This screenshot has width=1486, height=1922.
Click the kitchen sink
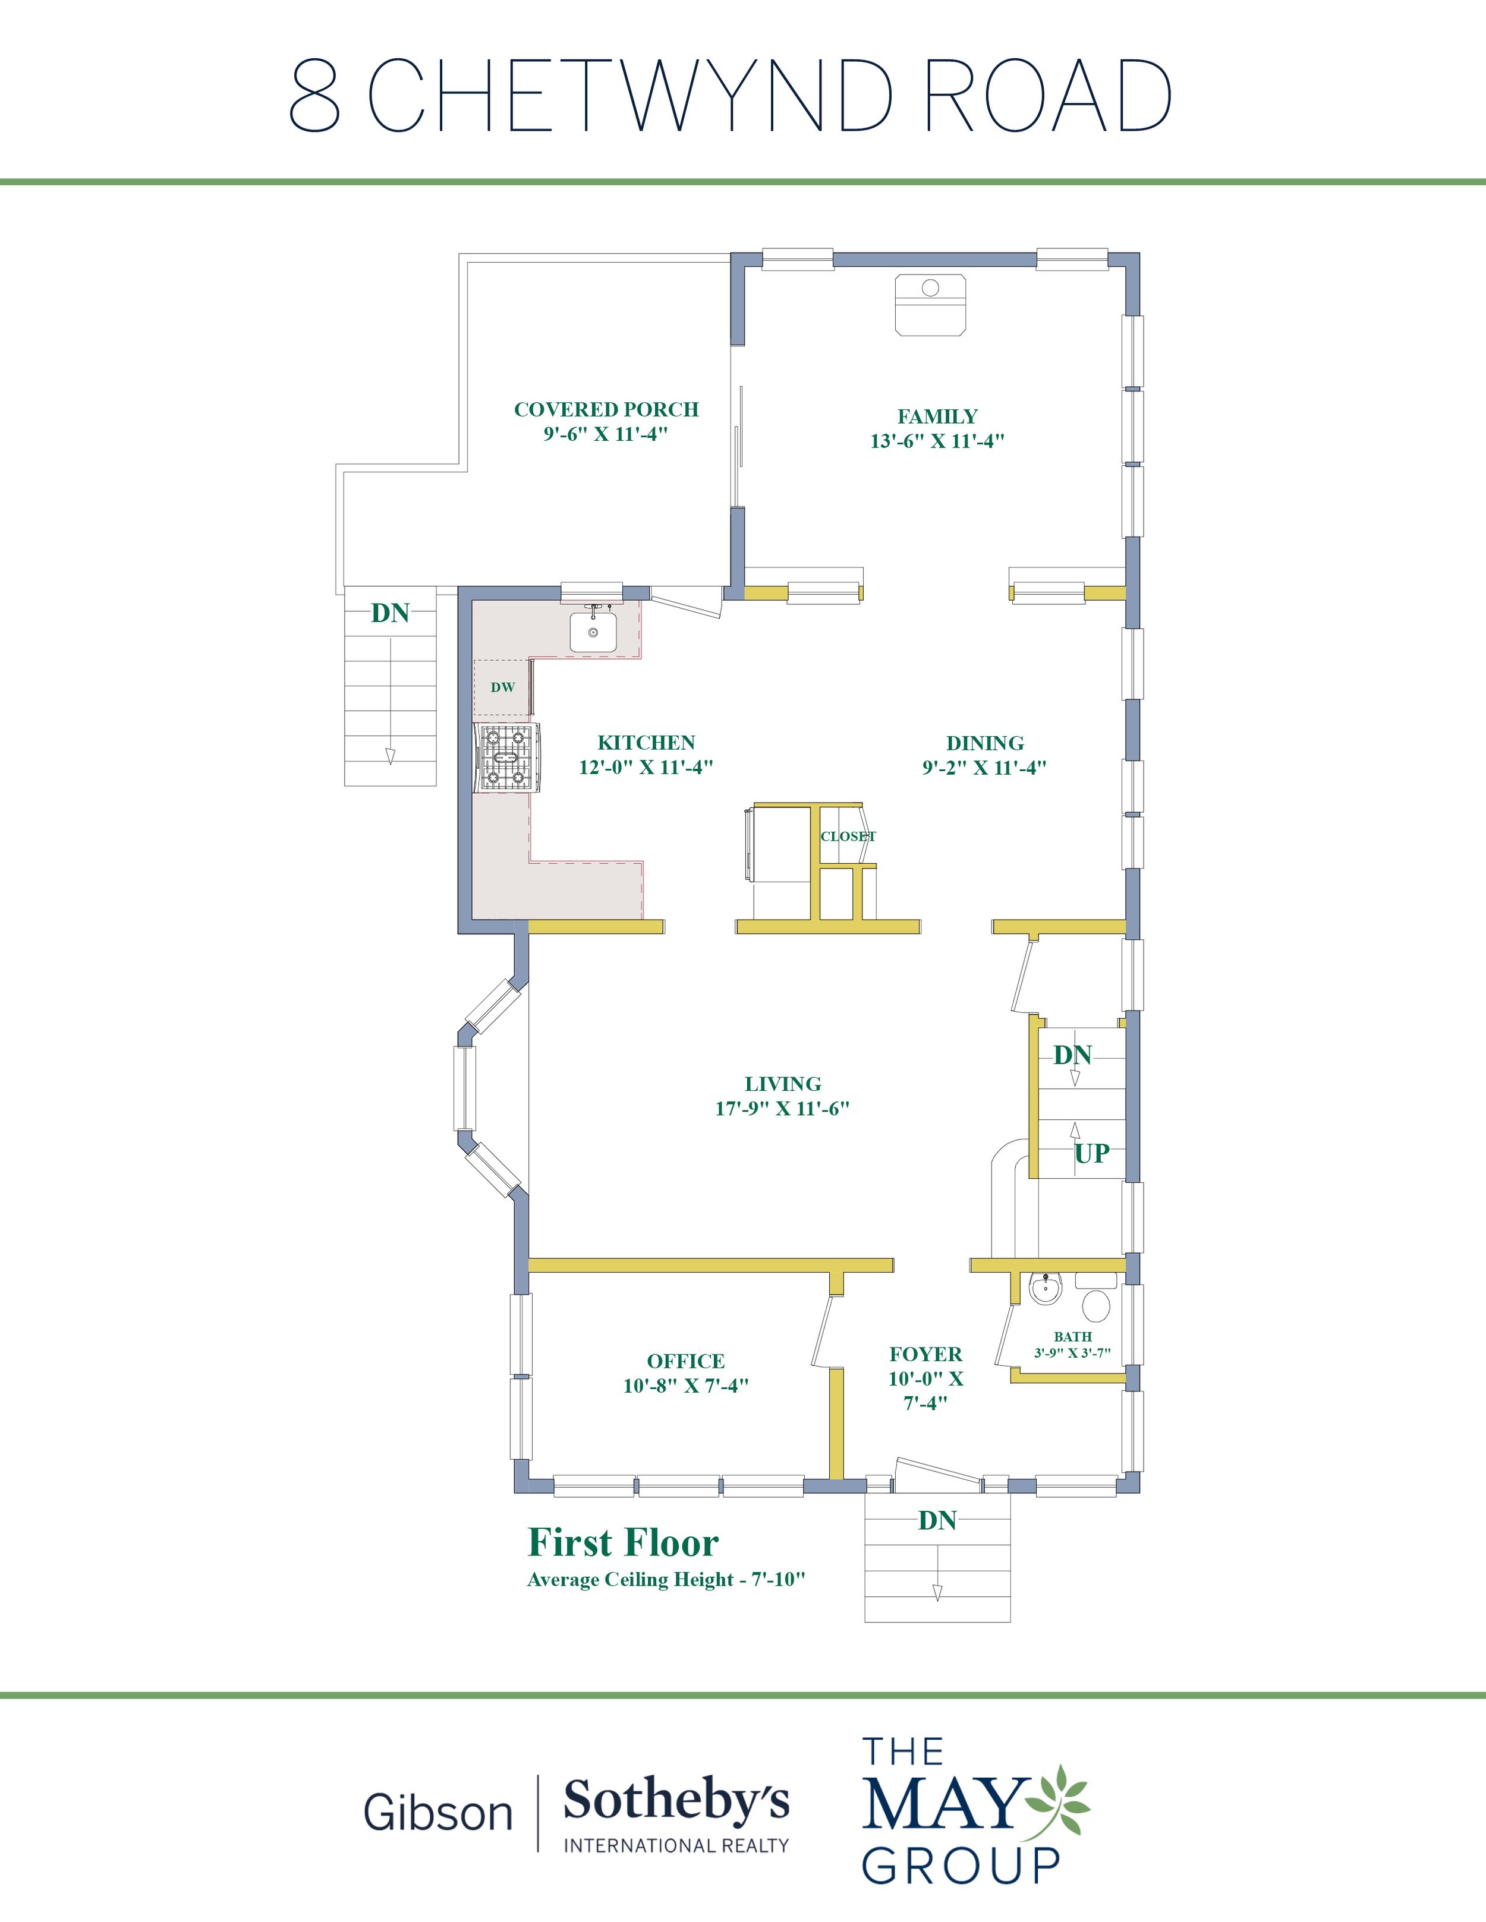click(x=593, y=631)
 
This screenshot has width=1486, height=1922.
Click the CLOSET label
click(x=848, y=836)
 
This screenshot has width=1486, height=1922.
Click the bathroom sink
click(x=1046, y=1289)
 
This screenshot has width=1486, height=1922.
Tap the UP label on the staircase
click(x=1091, y=1153)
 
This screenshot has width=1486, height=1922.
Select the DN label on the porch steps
click(x=390, y=613)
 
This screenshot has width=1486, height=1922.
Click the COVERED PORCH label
click(x=606, y=409)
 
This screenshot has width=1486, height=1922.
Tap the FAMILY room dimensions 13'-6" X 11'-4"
click(x=937, y=441)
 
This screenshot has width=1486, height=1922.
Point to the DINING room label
click(x=985, y=743)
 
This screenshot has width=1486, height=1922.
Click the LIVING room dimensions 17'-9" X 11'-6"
click(x=783, y=1108)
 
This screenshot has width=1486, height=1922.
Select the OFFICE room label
click(x=686, y=1361)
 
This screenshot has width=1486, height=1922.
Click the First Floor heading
click(x=624, y=1542)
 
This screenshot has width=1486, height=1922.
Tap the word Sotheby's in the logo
click(x=676, y=1801)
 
